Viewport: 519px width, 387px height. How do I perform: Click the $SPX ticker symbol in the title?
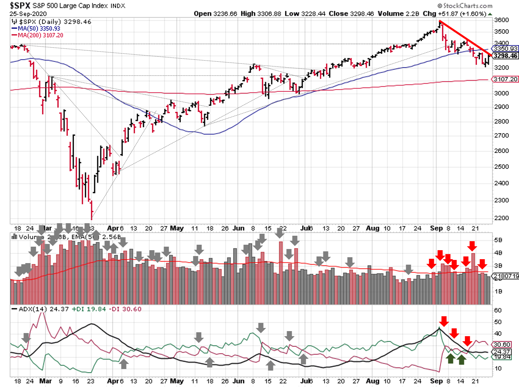click(20, 5)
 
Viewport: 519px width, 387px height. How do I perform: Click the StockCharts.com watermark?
click(465, 5)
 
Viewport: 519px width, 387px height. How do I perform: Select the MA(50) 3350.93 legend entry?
click(39, 29)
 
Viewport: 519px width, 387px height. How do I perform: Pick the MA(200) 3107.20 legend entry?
click(40, 35)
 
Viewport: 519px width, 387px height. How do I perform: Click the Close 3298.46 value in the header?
click(351, 14)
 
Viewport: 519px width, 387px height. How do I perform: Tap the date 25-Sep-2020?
click(28, 14)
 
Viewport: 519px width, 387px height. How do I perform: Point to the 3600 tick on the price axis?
click(501, 20)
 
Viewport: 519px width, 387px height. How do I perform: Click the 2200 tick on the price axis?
click(501, 218)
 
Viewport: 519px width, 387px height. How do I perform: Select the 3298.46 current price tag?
click(505, 56)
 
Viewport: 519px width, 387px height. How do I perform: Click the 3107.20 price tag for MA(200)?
click(505, 79)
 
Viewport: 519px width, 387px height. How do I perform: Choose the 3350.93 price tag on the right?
click(505, 49)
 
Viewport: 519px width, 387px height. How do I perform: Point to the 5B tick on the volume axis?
click(498, 240)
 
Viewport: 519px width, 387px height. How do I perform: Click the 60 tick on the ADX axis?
click(498, 310)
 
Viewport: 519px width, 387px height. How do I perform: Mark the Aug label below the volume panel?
click(373, 228)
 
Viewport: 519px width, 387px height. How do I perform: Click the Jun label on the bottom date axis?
click(238, 381)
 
